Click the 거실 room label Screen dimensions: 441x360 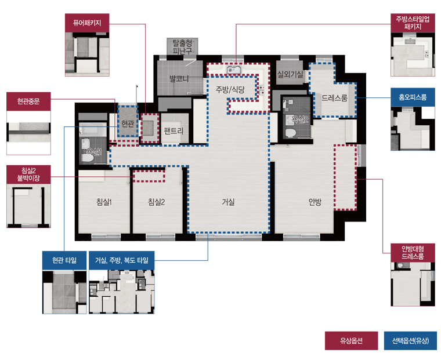228,202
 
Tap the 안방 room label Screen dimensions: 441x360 315,202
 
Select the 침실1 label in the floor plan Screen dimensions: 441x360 104,202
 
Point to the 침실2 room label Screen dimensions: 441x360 156,202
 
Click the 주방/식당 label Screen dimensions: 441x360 230,90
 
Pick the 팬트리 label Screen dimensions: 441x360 173,130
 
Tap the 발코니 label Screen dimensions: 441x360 179,79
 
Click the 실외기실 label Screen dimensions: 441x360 290,74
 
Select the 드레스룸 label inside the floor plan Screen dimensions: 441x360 334,98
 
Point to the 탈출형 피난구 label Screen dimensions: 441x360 182,46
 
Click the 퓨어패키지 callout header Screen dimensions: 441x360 87,23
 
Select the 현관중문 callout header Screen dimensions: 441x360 28,101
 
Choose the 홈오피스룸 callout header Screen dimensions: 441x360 413,97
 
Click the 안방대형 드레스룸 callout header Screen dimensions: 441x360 413,252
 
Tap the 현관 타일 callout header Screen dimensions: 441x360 64,260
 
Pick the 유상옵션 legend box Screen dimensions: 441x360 351,341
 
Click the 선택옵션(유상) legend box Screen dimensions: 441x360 410,341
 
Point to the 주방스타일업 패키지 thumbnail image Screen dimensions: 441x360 413,54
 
